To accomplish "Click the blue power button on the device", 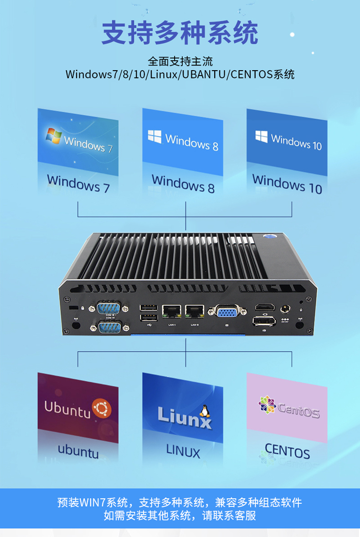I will (x=268, y=237).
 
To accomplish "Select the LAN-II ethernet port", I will (x=195, y=312).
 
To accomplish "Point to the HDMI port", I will (x=264, y=307).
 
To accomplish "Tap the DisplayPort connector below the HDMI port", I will (x=264, y=320).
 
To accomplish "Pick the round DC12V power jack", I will (x=285, y=309).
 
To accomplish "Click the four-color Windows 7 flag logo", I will (x=53, y=135).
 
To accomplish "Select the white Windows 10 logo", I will (x=261, y=136).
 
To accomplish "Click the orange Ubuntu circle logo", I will (x=101, y=408).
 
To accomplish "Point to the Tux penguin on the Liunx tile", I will (x=205, y=412).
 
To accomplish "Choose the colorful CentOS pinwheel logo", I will (x=267, y=405).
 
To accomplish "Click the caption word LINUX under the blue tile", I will (x=183, y=452).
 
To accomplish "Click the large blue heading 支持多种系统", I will (x=180, y=32).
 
